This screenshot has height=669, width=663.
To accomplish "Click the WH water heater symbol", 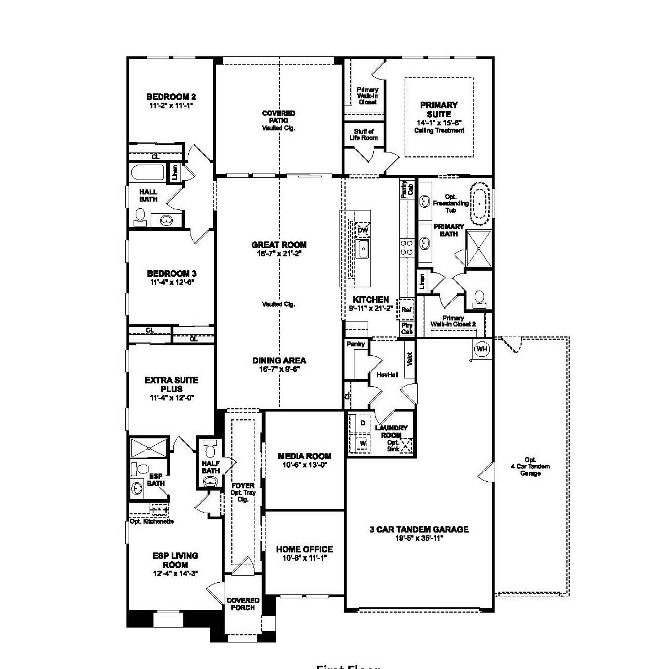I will click(481, 349).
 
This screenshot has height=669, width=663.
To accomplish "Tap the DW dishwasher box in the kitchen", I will click(362, 230).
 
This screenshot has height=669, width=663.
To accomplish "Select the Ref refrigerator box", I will click(406, 310).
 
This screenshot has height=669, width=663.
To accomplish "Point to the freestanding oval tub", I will click(480, 203).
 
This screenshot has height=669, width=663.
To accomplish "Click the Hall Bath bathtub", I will click(147, 173).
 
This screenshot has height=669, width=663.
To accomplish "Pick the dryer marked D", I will click(363, 423).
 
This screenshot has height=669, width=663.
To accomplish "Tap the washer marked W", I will click(363, 443).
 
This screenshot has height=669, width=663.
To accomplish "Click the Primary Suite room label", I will click(439, 109).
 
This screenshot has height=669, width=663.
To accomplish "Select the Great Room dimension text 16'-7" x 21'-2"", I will click(279, 254).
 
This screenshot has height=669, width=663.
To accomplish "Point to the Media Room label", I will click(304, 456).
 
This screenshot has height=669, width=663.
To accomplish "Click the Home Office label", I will click(304, 549).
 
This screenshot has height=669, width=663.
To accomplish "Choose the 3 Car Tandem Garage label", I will click(418, 529).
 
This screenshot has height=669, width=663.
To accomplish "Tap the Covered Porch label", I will click(243, 604).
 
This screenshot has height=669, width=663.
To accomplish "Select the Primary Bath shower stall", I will click(478, 249).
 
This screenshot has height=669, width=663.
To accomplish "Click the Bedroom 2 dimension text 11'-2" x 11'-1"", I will click(171, 105).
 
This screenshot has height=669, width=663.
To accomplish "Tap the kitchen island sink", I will click(363, 249).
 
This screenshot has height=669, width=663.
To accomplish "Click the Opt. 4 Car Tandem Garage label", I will click(531, 466).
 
